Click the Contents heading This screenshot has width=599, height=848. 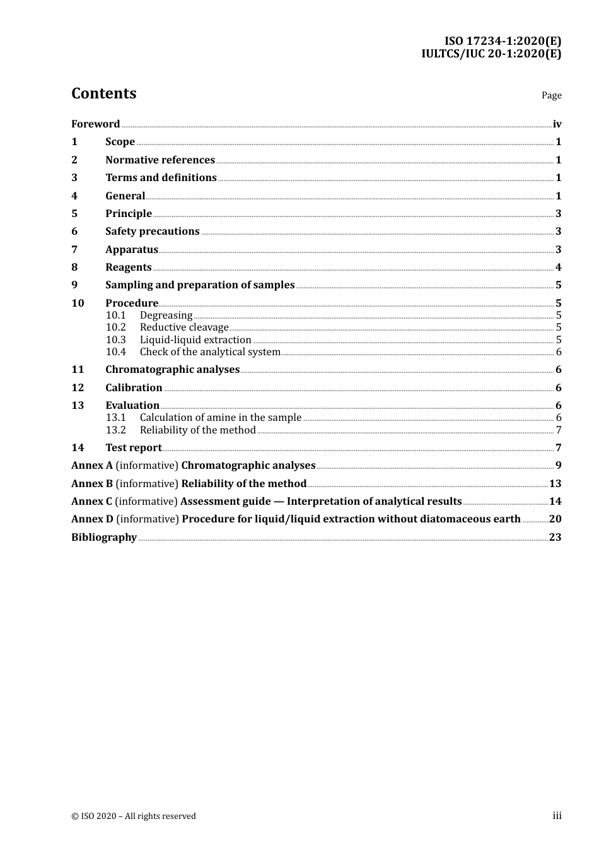click(x=103, y=93)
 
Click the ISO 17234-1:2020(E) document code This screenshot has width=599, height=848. click(x=503, y=41)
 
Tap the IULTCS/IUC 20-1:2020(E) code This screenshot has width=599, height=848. click(x=491, y=54)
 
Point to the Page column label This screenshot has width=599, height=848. click(x=551, y=95)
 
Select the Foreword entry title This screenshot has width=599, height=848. click(x=95, y=124)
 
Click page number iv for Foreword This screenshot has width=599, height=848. click(x=557, y=124)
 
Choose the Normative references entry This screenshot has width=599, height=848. click(x=160, y=160)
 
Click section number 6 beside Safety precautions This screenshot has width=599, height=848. click(x=74, y=232)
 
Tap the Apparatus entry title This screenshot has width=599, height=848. click(x=131, y=250)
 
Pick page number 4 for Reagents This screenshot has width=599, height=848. click(x=558, y=268)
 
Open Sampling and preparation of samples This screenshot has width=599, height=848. click(x=200, y=285)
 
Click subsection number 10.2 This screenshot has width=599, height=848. click(x=116, y=327)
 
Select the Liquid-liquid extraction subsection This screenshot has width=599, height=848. click(x=195, y=340)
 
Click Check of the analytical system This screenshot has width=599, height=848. click(x=210, y=352)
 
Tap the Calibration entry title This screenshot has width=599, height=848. click(x=134, y=388)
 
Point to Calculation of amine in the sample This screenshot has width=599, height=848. click(x=221, y=418)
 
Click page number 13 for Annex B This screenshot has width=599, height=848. click(x=555, y=484)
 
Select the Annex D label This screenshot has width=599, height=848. click(x=92, y=519)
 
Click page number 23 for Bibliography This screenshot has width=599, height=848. click(x=555, y=538)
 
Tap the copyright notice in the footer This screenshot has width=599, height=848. click(x=134, y=816)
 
